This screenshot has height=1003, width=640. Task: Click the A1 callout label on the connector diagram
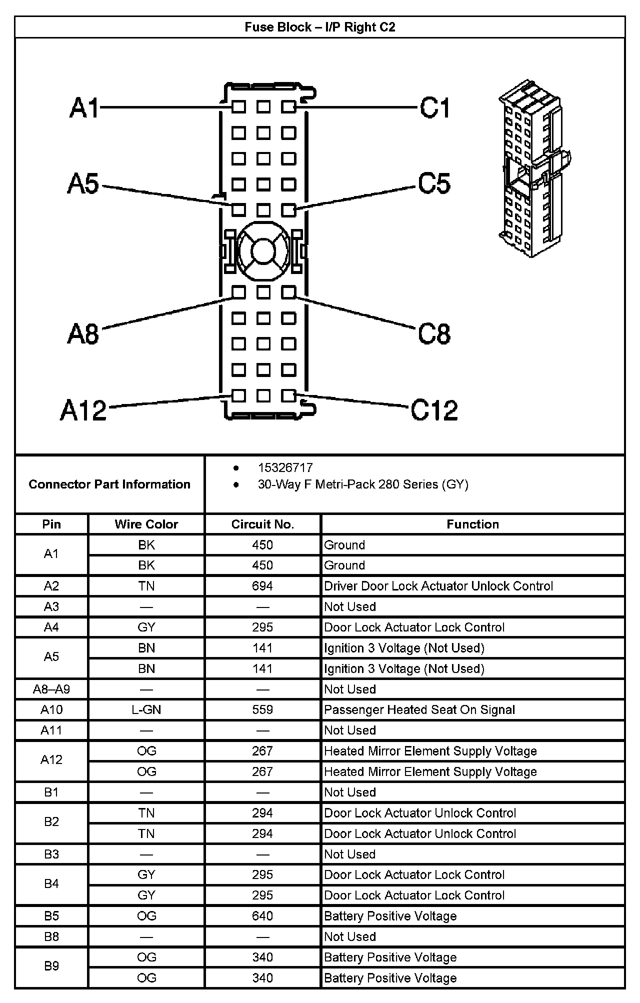point(84,107)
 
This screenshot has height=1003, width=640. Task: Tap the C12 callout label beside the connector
point(434,410)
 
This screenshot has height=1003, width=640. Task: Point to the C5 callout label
point(434,183)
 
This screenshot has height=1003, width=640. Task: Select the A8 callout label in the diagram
point(83,333)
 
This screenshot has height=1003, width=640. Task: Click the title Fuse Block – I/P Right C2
point(319,27)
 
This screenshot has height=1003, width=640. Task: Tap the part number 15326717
point(285,467)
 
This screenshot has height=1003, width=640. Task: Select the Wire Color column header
point(146,524)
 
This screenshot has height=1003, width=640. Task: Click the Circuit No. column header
point(262,524)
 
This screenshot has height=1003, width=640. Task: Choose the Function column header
point(472,524)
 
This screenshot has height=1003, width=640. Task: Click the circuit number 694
point(262,586)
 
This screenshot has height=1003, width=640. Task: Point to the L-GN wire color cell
point(146,709)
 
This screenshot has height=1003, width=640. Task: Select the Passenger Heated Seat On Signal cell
point(419,709)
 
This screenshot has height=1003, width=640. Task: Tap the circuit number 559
point(262,709)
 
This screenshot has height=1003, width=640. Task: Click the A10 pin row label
point(51,709)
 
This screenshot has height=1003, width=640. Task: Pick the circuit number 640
point(262,916)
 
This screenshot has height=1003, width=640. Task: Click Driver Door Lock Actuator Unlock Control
point(438,586)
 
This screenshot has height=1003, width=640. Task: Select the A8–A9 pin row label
point(51,689)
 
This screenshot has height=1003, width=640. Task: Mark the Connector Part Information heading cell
point(109,484)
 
